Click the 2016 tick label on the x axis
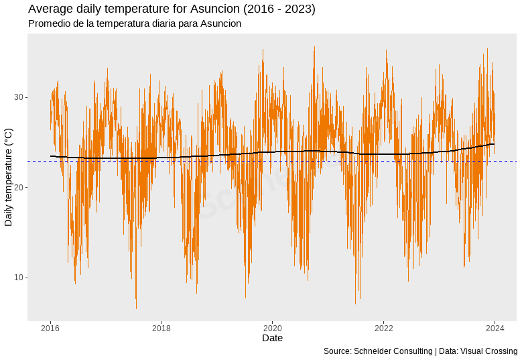click(x=50, y=328)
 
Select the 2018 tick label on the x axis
click(x=161, y=328)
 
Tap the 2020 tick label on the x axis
click(x=272, y=328)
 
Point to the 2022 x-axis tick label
click(x=383, y=328)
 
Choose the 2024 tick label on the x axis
click(x=495, y=328)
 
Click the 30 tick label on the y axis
click(x=19, y=97)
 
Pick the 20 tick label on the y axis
click(x=19, y=188)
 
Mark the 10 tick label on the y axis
click(x=19, y=278)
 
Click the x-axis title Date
click(x=272, y=339)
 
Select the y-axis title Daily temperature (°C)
click(x=9, y=177)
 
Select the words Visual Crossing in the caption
click(x=489, y=351)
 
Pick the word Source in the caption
click(x=337, y=351)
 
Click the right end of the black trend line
click(x=494, y=144)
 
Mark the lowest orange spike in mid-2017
click(x=136, y=308)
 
